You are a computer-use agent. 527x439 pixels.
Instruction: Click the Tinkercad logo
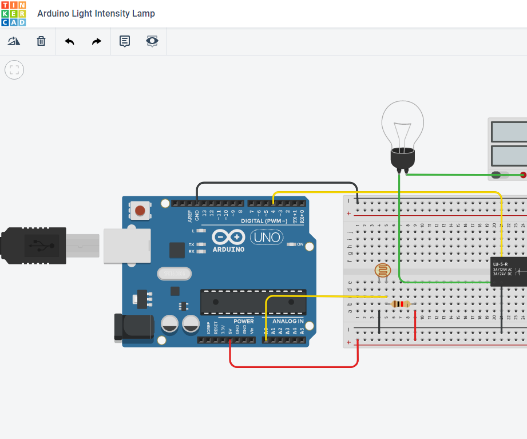pos(13,13)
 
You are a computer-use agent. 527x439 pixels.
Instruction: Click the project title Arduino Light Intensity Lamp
pos(96,13)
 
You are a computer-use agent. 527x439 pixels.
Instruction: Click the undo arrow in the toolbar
pos(69,41)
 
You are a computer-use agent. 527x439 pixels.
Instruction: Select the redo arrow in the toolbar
pos(97,41)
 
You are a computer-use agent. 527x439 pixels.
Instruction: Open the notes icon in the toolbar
pos(124,41)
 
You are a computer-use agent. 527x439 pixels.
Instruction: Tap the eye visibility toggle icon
pos(152,41)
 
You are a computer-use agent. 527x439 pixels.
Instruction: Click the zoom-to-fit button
pos(14,70)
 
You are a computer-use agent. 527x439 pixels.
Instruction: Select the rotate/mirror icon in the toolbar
pos(14,41)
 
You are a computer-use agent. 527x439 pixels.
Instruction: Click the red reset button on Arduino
pos(140,211)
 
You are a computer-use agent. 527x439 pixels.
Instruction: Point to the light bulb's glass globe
pos(403,123)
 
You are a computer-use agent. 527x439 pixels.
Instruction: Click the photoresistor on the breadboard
pos(381,270)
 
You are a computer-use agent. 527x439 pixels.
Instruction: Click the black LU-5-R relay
pos(508,271)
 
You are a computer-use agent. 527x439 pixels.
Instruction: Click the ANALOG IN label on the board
pos(287,321)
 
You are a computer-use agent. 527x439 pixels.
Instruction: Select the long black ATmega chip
pos(252,302)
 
